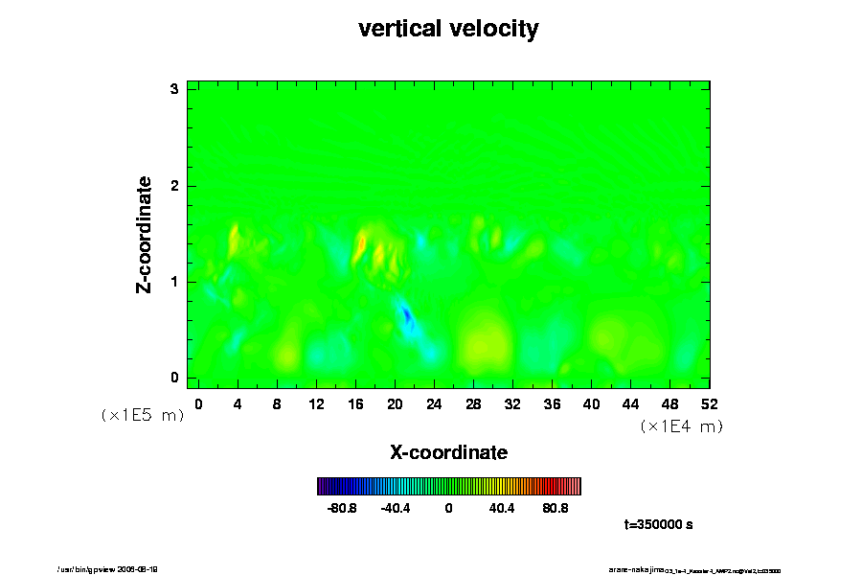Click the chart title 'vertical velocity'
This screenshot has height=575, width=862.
[448, 29]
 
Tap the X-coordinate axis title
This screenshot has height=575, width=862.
[448, 451]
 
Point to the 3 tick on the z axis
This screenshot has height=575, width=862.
[174, 89]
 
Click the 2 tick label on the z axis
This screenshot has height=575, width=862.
[174, 185]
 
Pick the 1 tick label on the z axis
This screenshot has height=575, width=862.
[174, 282]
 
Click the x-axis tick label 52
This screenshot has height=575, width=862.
[710, 403]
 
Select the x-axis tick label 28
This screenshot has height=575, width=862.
[473, 403]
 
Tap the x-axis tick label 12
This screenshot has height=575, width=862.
[316, 403]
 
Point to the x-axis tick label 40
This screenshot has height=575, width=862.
[591, 403]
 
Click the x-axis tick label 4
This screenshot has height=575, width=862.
[238, 403]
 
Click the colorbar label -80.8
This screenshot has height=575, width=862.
[343, 508]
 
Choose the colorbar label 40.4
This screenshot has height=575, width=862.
[502, 508]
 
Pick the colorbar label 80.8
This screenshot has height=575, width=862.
[556, 508]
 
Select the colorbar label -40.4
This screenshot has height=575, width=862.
[396, 508]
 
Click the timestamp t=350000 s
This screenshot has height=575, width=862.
[658, 525]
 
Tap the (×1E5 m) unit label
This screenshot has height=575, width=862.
[142, 415]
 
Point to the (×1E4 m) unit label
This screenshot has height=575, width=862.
[681, 426]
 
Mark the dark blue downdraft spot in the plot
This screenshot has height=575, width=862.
[406, 314]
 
